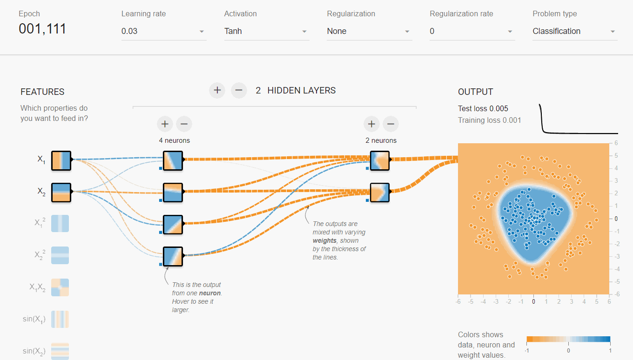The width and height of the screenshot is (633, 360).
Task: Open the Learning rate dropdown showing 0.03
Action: pos(163,31)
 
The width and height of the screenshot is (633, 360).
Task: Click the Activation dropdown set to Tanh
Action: pos(266,31)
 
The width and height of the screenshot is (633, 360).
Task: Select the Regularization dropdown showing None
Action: pos(369,31)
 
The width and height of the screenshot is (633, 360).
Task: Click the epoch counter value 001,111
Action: pos(42,29)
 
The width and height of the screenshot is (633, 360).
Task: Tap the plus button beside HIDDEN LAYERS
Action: pos(217,90)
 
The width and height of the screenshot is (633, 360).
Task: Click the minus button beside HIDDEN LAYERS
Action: pos(239,90)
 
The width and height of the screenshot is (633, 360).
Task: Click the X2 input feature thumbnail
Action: pos(61,192)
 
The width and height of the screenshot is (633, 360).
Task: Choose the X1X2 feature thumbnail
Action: pos(60,287)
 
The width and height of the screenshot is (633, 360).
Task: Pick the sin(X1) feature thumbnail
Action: pos(60,319)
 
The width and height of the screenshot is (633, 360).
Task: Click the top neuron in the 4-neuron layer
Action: pos(173,160)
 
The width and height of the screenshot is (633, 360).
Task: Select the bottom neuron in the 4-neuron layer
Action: pos(173,256)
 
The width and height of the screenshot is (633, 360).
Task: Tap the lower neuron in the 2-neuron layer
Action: pos(379,192)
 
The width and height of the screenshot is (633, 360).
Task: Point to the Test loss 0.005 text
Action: pos(483,109)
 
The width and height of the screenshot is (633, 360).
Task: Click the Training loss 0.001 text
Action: pos(489,120)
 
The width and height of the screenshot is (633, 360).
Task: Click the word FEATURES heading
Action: pos(42,92)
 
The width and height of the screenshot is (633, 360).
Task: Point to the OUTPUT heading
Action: pos(475,92)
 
